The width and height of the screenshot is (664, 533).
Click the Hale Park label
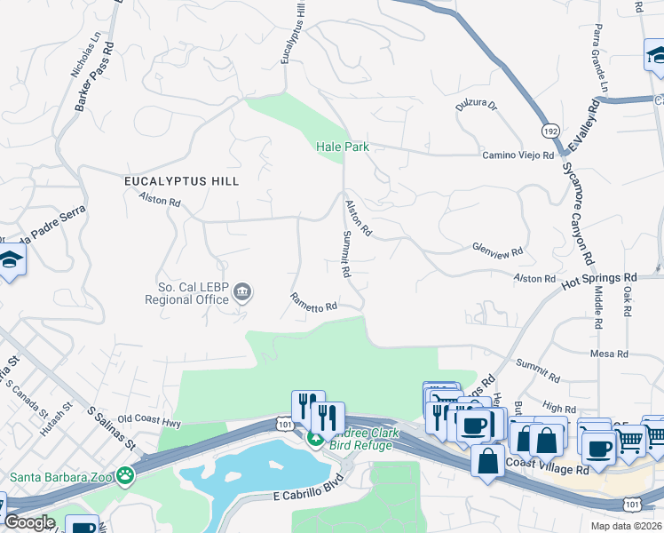(x=343, y=147)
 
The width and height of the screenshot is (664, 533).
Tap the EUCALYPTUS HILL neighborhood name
(x=181, y=180)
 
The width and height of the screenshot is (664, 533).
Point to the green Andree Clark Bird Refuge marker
(x=314, y=438)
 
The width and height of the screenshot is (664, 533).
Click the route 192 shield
(x=550, y=131)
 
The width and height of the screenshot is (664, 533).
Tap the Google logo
(x=29, y=521)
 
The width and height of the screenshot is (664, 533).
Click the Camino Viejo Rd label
(x=518, y=155)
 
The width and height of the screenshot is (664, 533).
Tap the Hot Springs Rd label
(x=599, y=284)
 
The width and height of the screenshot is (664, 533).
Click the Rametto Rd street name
(x=313, y=302)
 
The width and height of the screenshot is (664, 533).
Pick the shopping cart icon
(x=629, y=440)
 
